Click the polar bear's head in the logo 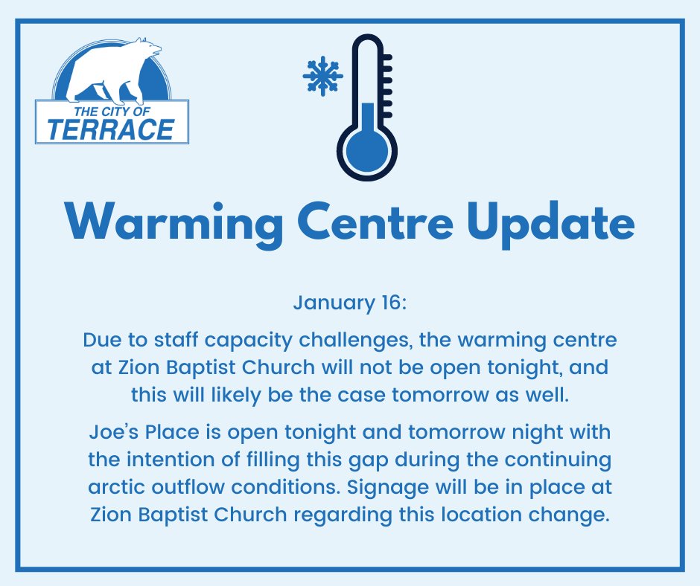coord(150,52)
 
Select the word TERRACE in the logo coord(111,129)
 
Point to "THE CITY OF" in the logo coord(111,111)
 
